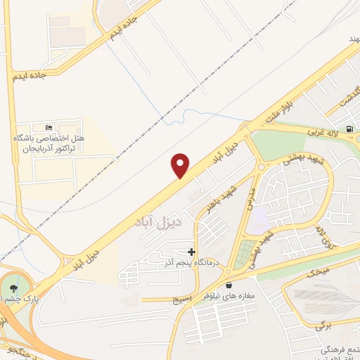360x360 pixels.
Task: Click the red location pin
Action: (x=181, y=165)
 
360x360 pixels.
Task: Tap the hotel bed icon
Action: (x=48, y=127)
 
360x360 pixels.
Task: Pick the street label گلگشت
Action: (x=340, y=96)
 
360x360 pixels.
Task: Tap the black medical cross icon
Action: (x=191, y=251)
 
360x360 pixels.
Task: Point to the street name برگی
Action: (x=323, y=326)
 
